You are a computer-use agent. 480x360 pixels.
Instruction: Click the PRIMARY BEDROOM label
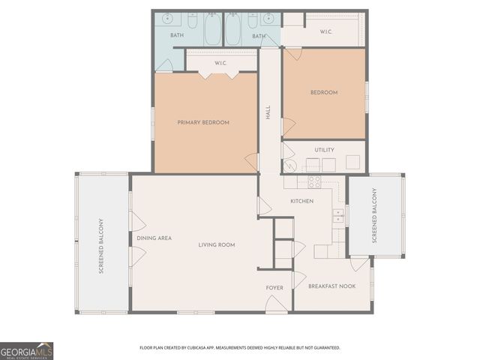tap(202, 122)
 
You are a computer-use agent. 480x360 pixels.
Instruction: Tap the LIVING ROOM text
tap(217, 245)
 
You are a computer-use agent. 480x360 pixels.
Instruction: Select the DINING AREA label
tap(154, 238)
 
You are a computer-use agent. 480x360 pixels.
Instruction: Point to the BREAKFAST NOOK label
tap(331, 286)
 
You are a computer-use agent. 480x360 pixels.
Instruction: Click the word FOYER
tap(274, 288)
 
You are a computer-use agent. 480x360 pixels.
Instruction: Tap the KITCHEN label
tap(302, 201)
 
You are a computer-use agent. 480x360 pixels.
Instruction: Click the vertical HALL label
tap(268, 113)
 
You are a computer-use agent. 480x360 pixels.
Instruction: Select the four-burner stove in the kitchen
tap(314, 181)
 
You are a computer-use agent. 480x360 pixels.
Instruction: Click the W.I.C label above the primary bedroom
tap(220, 63)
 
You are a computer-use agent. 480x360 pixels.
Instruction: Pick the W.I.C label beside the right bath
tap(326, 31)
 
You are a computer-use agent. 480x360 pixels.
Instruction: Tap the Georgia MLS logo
tap(27, 350)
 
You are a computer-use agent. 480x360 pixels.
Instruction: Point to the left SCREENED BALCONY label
tap(100, 245)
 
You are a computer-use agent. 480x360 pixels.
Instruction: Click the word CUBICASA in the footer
tap(203, 348)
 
